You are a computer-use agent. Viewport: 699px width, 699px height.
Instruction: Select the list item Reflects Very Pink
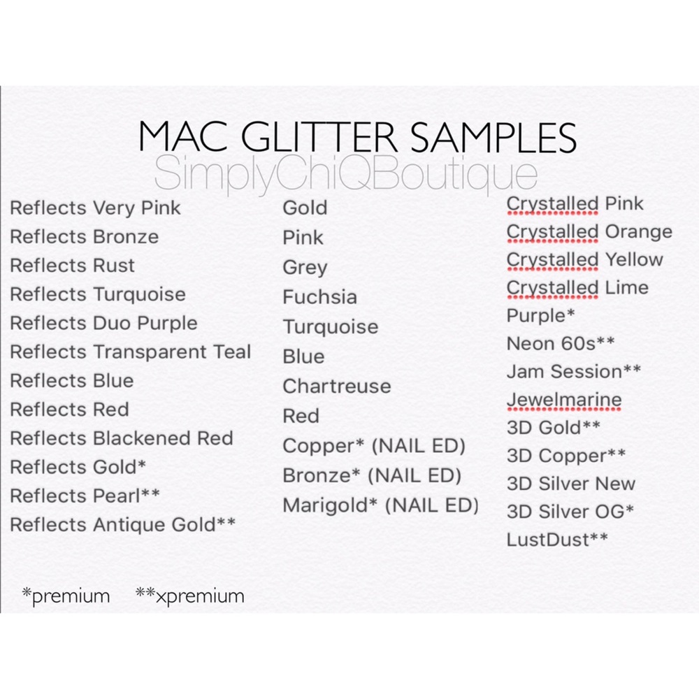(95, 208)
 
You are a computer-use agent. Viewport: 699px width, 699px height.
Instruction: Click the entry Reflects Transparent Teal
(130, 352)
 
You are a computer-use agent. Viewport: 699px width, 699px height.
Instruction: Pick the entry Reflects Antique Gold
(122, 524)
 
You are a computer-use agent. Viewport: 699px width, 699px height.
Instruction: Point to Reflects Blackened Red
(121, 438)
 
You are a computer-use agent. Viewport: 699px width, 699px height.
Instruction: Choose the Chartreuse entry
(336, 387)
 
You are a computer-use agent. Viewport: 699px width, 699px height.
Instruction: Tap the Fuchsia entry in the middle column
(319, 297)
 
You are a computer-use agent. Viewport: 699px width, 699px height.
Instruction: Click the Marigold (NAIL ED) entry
(380, 505)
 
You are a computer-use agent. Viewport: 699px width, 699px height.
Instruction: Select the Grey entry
(305, 268)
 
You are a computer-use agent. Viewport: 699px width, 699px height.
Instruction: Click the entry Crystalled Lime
(577, 288)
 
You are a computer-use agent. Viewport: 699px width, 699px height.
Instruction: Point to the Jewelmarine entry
(563, 401)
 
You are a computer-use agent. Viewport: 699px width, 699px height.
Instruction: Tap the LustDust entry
(557, 539)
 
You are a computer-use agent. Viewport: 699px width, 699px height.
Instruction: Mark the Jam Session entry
(573, 372)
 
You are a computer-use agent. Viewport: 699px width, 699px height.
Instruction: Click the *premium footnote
(66, 596)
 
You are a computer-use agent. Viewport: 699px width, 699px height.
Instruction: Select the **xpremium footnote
(189, 596)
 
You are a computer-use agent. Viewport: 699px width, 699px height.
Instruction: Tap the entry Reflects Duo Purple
(103, 324)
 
